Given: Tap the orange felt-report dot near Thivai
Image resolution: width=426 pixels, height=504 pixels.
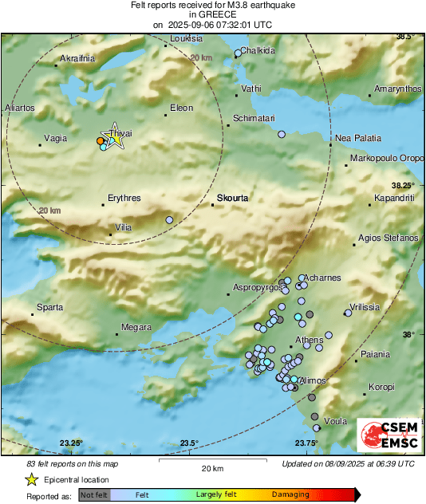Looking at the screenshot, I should (x=100, y=141).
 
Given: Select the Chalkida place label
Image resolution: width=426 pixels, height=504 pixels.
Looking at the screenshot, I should (x=258, y=50).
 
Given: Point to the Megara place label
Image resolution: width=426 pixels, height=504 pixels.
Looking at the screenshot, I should (x=135, y=327).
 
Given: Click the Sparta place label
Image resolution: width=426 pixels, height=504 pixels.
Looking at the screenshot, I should (x=50, y=307).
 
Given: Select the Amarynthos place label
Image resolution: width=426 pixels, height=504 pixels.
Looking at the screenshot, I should (x=397, y=89).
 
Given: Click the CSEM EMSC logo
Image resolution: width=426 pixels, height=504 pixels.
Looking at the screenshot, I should (x=385, y=436).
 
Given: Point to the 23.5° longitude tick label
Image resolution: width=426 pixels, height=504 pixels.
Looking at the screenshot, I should (x=188, y=443).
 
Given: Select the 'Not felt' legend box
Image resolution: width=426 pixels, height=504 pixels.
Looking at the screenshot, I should (x=93, y=494).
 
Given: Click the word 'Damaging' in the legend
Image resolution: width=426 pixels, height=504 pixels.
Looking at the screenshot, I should (x=290, y=494).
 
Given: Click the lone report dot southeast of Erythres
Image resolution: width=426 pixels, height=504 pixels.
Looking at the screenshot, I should (x=169, y=220).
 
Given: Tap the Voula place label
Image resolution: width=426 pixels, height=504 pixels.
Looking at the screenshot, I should (x=336, y=420).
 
